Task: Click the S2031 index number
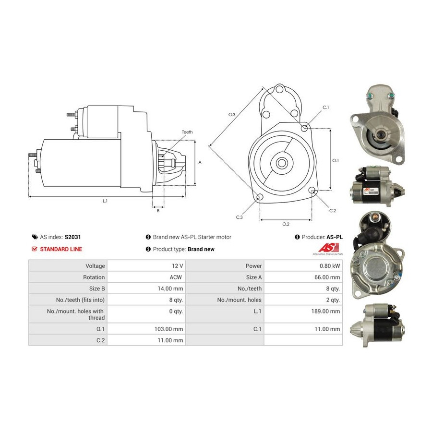coord(73,237)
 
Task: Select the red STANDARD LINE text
coord(61,249)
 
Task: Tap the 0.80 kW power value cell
coord(330,266)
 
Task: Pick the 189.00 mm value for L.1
coord(325,311)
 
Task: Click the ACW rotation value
coord(176,277)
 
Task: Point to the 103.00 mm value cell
coord(168,329)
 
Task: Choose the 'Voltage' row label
coord(95,266)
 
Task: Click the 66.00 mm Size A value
coord(327,277)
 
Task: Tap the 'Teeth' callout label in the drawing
coord(187,132)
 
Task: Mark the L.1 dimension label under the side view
coord(105,201)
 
